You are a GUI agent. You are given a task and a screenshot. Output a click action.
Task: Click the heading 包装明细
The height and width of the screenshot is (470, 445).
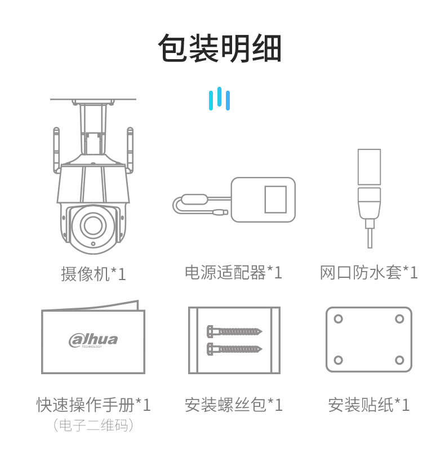(x=219, y=48)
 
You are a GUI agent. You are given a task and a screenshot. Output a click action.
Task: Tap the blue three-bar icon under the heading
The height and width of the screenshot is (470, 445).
(x=219, y=99)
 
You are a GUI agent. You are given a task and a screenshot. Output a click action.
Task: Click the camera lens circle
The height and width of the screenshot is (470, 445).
(x=93, y=224)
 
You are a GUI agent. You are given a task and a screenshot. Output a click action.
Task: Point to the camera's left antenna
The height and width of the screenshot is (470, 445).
(x=56, y=150)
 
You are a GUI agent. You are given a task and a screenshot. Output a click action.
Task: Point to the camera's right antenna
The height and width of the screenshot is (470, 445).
(x=130, y=150)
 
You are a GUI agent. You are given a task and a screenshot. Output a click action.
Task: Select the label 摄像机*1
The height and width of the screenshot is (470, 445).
(x=93, y=274)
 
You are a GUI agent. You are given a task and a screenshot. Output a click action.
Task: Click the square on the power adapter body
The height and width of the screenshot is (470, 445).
(x=275, y=199)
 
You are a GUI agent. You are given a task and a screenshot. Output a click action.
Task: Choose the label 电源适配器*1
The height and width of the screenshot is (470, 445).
(x=233, y=272)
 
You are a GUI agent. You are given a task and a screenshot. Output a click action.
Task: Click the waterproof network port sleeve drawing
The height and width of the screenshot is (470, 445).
(x=369, y=198)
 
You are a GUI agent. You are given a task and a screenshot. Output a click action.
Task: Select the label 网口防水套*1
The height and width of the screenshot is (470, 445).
(x=368, y=272)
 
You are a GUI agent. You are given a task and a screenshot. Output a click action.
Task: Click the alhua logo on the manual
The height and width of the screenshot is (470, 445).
(x=93, y=341)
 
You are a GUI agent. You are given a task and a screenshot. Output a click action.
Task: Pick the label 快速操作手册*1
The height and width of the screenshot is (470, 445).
(x=93, y=405)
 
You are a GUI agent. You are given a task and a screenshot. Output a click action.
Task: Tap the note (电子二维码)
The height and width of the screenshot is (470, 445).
(x=93, y=425)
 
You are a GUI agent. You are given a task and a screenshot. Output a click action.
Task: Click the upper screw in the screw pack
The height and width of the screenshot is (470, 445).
(x=234, y=331)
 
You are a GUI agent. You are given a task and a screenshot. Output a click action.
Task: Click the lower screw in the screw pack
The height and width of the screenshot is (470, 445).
(x=234, y=349)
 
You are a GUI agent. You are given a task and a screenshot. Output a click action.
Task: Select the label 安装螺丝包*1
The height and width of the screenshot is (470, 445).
(x=233, y=405)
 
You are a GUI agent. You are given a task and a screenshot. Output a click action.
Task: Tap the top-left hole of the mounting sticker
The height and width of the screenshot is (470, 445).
(x=339, y=319)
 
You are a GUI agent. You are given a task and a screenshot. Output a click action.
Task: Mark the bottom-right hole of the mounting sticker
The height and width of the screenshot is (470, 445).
(x=399, y=360)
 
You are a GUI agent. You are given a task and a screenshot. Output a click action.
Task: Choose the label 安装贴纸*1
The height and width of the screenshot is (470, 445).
(x=368, y=405)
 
